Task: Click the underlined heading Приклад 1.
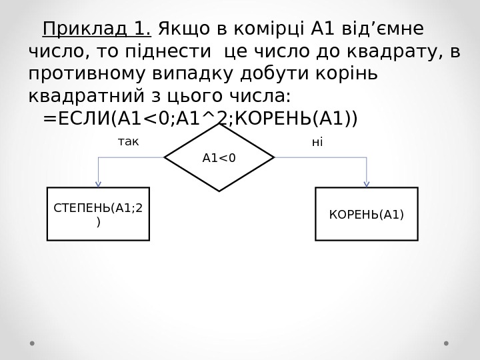(97, 29)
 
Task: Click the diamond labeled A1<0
(219, 157)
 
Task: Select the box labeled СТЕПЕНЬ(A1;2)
(98, 213)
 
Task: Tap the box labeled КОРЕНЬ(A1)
(366, 214)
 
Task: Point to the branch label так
(128, 142)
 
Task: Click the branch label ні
(317, 142)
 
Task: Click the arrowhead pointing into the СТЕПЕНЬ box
(98, 183)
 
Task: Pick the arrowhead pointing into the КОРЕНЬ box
(366, 183)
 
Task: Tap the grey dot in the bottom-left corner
(32, 343)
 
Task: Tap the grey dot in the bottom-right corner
(446, 343)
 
